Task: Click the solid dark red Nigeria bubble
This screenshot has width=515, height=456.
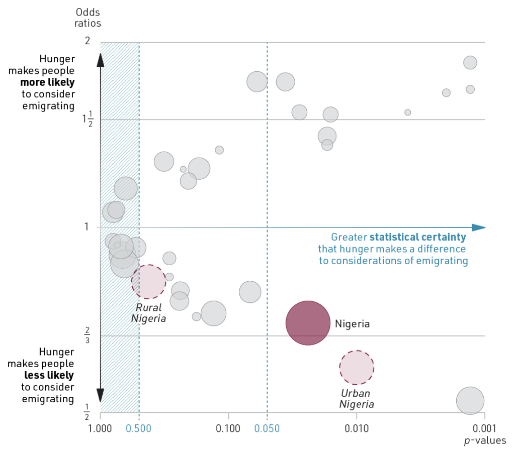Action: (308, 323)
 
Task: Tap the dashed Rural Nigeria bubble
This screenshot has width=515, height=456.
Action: (148, 282)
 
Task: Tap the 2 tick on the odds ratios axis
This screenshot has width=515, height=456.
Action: (87, 41)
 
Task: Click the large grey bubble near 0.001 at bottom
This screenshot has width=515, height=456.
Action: (470, 401)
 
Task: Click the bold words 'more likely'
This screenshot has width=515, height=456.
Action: (48, 82)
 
